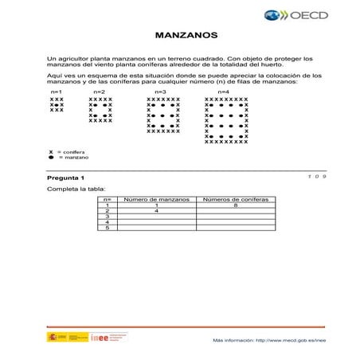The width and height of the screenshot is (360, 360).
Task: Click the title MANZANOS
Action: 180,36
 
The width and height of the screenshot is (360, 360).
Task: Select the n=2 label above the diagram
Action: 99,92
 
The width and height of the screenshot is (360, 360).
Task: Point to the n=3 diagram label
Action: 160,92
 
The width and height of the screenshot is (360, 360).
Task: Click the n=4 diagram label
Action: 224,92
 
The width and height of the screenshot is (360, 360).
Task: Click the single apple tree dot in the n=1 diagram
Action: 57,104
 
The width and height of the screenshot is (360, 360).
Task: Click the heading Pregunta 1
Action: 65,178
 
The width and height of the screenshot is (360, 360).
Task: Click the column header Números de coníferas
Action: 237,199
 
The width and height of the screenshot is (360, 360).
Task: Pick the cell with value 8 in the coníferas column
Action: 237,205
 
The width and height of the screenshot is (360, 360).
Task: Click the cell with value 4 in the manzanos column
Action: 157,211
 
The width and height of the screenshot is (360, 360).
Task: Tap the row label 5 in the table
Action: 106,228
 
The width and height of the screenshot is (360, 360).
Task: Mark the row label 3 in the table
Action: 106,217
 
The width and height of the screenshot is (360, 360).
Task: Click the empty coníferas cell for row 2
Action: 237,211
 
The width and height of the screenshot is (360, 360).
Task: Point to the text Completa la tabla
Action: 76,190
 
